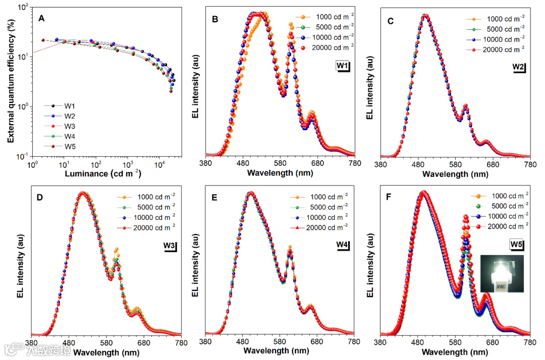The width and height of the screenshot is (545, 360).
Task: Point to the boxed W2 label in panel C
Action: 519,67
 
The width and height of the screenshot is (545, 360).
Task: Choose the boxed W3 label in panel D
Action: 169,246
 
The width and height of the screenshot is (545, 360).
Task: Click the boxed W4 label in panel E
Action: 343,246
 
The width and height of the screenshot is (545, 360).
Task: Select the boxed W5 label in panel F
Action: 516,246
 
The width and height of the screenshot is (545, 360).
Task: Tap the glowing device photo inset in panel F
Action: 502,274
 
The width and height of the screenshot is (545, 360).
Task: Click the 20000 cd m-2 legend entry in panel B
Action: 323,46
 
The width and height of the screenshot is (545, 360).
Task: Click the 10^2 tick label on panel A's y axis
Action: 21,8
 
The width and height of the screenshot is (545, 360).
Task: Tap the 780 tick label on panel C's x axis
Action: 530,164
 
